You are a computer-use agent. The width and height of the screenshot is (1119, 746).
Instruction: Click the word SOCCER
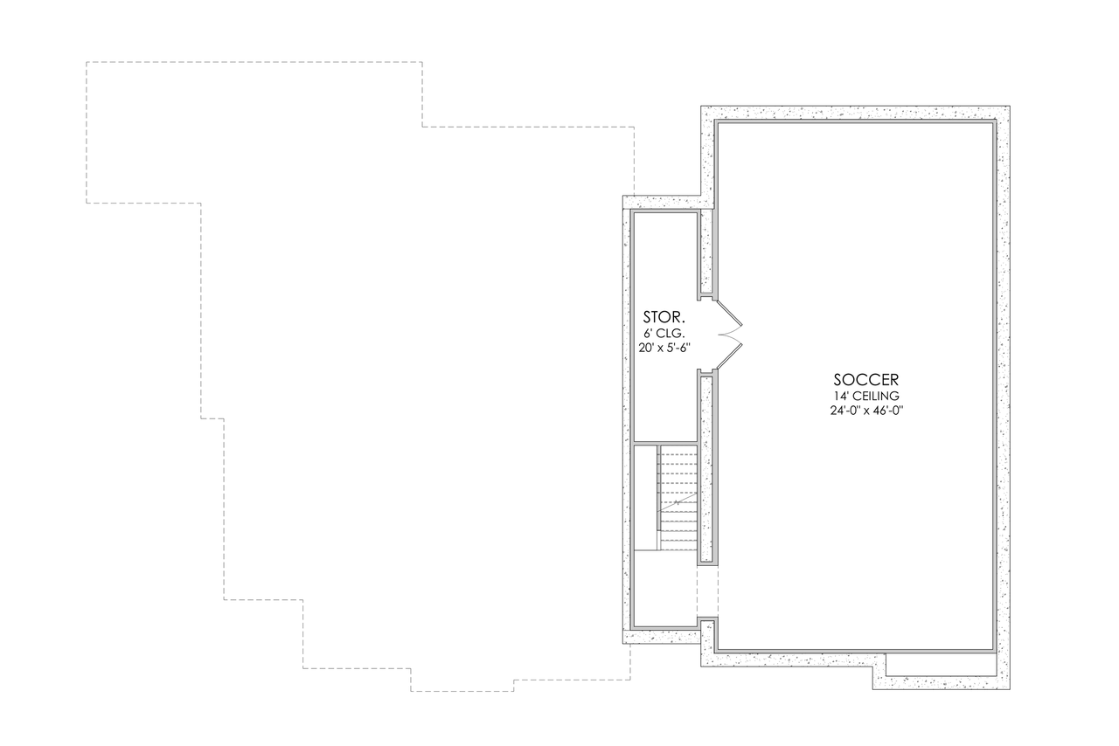click(x=865, y=380)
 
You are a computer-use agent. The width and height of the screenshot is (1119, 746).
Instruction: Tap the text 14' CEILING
click(x=865, y=396)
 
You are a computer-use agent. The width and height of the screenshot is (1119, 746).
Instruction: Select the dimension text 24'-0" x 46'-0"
click(x=865, y=411)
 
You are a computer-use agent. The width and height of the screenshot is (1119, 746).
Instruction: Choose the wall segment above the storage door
click(x=707, y=252)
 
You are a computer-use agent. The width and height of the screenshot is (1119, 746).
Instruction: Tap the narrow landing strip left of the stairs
click(x=645, y=498)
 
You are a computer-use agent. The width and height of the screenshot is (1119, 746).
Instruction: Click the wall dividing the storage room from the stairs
click(x=664, y=443)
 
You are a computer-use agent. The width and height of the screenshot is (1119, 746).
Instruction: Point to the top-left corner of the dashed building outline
click(x=87, y=62)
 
